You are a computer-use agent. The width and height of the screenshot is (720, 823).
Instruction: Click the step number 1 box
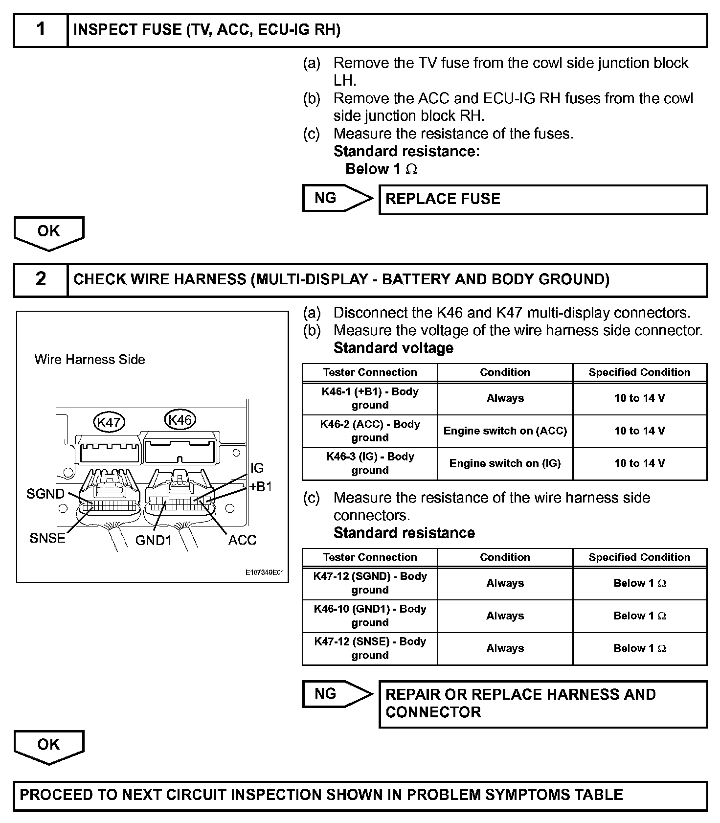(x=41, y=30)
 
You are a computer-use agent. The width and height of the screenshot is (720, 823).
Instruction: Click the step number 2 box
(x=41, y=279)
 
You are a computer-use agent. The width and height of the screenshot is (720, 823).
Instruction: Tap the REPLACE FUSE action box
(x=543, y=199)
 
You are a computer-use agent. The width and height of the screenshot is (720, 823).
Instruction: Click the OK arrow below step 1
(x=49, y=232)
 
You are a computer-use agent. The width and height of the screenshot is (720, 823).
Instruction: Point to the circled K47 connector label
(x=109, y=422)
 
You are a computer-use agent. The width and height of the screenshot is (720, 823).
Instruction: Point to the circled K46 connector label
(x=180, y=420)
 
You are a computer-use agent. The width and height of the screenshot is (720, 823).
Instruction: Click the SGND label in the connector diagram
(x=45, y=494)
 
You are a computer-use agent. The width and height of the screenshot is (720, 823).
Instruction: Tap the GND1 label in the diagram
(x=154, y=540)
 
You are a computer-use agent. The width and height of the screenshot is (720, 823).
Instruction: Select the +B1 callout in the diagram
(x=261, y=487)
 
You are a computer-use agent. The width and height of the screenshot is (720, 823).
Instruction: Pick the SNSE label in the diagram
(x=47, y=538)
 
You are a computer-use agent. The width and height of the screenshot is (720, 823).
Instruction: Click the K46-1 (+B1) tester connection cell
(x=370, y=398)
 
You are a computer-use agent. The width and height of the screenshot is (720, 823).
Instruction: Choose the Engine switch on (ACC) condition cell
(x=505, y=431)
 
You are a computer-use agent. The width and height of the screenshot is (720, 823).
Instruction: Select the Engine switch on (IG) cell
(x=505, y=463)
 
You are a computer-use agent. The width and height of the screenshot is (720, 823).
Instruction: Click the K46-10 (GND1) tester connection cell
(x=370, y=616)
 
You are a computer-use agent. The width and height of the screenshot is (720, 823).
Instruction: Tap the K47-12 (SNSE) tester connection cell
(x=370, y=648)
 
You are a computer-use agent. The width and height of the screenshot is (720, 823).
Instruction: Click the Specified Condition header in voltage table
(x=639, y=372)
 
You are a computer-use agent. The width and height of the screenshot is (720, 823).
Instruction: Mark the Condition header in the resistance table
(x=505, y=557)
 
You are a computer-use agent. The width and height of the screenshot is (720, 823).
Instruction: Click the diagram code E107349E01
(x=264, y=572)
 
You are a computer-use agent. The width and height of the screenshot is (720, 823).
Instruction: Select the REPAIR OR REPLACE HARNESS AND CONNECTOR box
(x=543, y=703)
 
